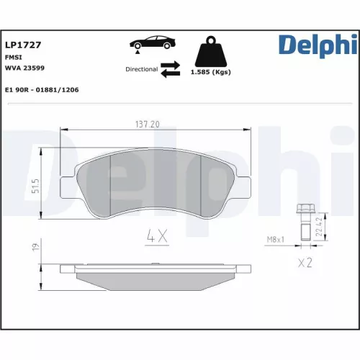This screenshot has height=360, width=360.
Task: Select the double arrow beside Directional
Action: [x=170, y=69]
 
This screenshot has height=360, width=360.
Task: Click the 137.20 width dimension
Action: [x=147, y=124]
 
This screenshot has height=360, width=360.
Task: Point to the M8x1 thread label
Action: [x=276, y=239]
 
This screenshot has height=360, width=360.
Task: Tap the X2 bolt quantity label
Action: [x=305, y=264]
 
